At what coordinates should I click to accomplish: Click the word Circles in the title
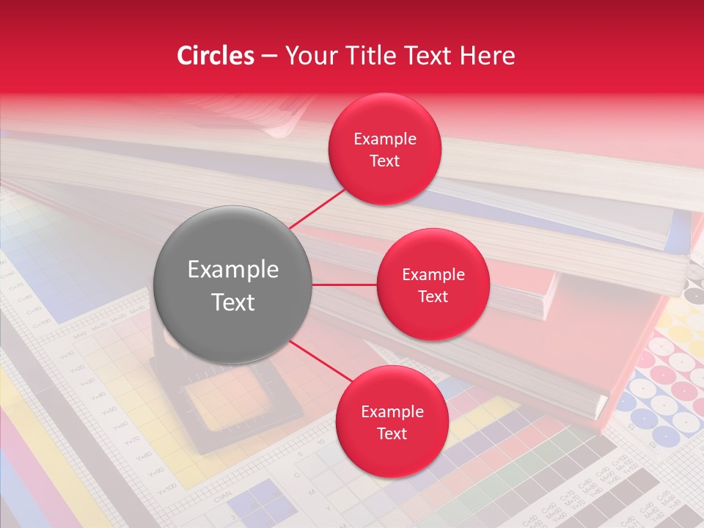[x=215, y=56]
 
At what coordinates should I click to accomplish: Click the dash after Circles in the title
[x=269, y=56]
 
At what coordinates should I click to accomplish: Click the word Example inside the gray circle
[x=233, y=270]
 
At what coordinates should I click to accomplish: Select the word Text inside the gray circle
[x=233, y=302]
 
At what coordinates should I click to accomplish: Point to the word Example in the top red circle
[x=385, y=139]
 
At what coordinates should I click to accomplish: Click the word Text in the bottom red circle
[x=392, y=433]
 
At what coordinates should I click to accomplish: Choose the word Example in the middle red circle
[x=433, y=275]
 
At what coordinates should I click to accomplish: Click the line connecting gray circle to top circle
[x=320, y=208]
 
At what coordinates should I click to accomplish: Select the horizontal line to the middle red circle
[x=344, y=285]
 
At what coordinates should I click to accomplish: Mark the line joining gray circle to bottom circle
[x=323, y=363]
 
